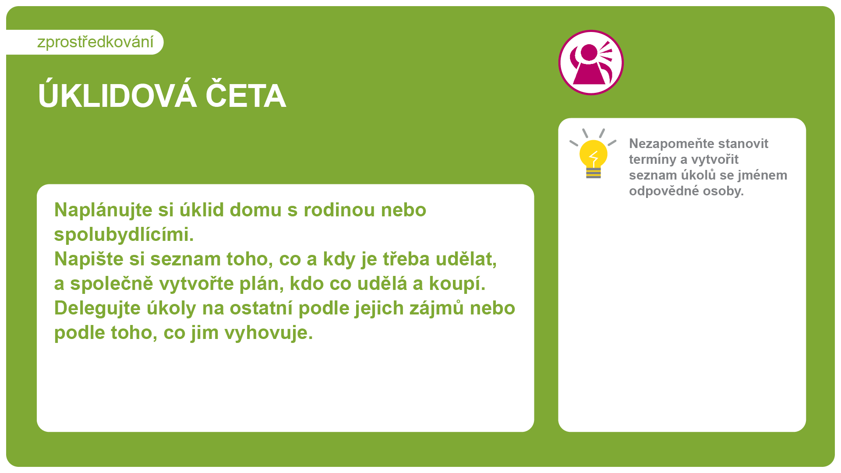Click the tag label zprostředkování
coord(95,42)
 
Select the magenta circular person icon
coord(591,62)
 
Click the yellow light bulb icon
coord(593,154)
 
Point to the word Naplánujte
coord(103,210)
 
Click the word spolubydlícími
coord(124,235)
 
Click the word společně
coord(112,284)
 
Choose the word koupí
coord(457,284)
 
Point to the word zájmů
coord(437,308)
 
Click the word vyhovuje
coord(269,333)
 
